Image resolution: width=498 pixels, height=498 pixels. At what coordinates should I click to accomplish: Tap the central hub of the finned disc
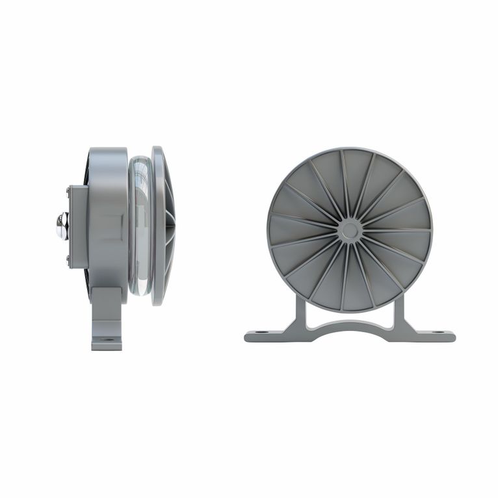tap(349, 229)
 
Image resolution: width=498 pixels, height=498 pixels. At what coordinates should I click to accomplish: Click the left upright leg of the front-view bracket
tap(300, 315)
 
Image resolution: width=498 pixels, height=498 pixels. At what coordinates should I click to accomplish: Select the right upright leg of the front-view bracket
tap(398, 315)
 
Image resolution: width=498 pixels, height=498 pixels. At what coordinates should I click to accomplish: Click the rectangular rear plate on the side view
tap(78, 226)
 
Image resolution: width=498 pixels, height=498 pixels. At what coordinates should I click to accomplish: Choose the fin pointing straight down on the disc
tap(345, 276)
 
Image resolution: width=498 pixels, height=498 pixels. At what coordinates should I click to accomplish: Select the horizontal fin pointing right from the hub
tap(397, 229)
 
